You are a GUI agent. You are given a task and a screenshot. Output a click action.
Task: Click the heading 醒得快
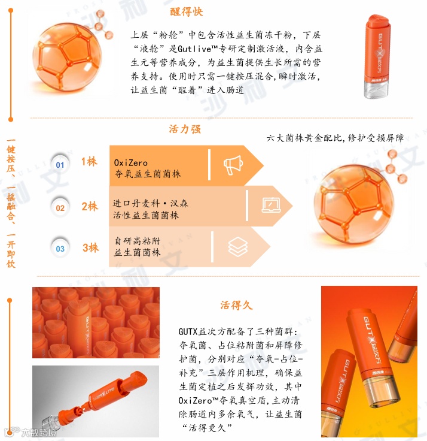click(x=187, y=12)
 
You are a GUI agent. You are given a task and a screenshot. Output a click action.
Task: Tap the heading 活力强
click(x=185, y=129)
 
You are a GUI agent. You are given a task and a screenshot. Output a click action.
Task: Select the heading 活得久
click(x=236, y=305)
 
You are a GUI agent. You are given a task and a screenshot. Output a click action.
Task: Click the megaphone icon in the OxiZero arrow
click(x=233, y=165)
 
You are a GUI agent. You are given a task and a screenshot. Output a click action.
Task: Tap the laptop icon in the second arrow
click(x=271, y=206)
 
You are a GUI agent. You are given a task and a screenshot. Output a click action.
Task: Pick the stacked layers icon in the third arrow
click(x=238, y=247)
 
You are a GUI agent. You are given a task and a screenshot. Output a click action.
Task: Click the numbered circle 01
click(x=60, y=165)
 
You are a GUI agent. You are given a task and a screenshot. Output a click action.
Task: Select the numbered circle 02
click(x=60, y=208)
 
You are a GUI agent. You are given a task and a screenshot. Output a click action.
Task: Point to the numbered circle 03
click(x=60, y=249)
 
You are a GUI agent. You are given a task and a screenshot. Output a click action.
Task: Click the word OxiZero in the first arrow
click(x=130, y=163)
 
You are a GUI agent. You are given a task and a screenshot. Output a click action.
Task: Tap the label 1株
click(x=89, y=161)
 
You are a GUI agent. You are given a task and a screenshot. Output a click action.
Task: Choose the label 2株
click(x=90, y=207)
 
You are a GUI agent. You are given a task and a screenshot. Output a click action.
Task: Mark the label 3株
click(x=91, y=248)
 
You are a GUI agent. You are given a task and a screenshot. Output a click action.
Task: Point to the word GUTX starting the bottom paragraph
click(x=188, y=331)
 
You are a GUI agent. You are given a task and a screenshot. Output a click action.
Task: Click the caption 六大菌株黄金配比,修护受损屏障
click(x=335, y=138)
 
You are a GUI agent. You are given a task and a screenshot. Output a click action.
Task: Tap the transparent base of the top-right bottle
click(x=377, y=89)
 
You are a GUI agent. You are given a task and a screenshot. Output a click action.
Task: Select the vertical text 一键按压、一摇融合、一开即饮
click(x=11, y=203)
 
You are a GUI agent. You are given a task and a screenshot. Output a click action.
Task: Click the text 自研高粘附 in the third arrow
click(x=138, y=241)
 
